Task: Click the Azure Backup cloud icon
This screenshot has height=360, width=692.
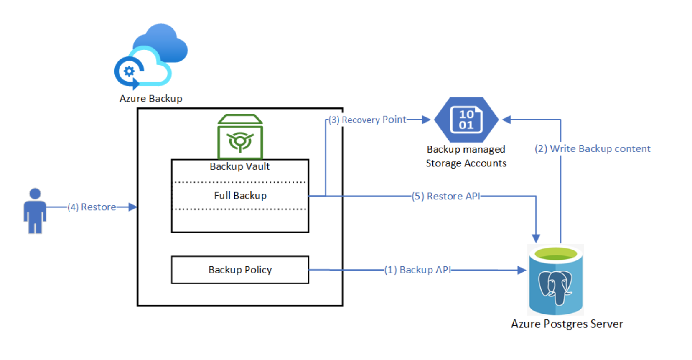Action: (151, 56)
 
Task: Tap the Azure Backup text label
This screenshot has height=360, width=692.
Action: (151, 99)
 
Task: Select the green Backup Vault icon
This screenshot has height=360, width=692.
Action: (240, 137)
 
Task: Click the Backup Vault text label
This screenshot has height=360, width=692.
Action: (240, 166)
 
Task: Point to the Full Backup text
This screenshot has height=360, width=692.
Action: (240, 196)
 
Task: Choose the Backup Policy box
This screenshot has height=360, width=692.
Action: (240, 270)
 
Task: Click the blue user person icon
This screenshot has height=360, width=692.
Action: (35, 211)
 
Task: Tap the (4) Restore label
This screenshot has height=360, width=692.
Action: (92, 207)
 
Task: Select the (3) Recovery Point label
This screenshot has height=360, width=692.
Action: (367, 120)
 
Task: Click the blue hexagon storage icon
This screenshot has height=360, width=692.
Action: (466, 120)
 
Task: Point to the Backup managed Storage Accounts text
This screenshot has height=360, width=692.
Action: (466, 156)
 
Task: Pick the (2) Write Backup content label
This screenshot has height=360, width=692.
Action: (592, 149)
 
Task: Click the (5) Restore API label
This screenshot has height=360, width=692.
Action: (446, 196)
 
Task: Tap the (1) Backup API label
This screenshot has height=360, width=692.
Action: (417, 270)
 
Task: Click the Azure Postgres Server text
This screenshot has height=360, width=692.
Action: (567, 324)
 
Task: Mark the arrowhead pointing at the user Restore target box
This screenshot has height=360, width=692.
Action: (133, 207)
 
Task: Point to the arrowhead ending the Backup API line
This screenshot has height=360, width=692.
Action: (522, 270)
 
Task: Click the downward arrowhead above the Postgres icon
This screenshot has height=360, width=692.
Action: (536, 238)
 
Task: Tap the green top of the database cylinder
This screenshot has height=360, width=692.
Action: (555, 253)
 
